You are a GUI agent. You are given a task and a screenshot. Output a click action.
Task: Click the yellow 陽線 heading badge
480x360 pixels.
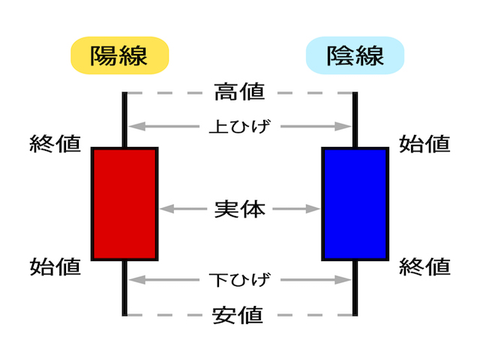(120, 55)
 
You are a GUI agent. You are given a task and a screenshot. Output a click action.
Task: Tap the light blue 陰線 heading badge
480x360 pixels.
(355, 55)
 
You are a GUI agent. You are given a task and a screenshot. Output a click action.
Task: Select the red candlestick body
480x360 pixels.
(124, 204)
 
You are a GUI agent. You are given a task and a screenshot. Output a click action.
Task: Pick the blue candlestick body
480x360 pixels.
(355, 204)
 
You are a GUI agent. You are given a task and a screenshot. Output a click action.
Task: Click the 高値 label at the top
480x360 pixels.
(239, 91)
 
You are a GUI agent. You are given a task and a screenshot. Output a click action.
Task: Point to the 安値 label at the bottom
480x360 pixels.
(238, 315)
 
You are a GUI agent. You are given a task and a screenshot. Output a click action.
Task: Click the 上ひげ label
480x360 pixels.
(240, 127)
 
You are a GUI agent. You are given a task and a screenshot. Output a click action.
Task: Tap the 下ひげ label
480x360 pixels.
(240, 280)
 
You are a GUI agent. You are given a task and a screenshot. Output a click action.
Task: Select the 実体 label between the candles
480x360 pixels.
(240, 209)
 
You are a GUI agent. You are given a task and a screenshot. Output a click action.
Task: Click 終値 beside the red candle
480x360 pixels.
(55, 143)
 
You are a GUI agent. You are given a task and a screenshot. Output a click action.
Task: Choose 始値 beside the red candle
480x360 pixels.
(55, 267)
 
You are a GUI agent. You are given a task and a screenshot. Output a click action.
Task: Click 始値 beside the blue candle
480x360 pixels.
(424, 143)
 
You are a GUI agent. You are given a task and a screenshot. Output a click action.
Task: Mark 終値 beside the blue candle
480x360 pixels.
(424, 267)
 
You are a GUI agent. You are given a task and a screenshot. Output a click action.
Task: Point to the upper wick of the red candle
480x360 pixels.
(124, 120)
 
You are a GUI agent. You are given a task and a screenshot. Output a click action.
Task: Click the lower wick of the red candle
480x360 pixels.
(124, 288)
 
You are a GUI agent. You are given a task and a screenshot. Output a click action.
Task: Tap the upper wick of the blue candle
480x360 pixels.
(355, 120)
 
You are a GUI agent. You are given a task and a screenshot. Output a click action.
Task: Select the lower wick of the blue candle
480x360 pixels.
(355, 288)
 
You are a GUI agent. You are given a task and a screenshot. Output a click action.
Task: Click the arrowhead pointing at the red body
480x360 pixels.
(167, 209)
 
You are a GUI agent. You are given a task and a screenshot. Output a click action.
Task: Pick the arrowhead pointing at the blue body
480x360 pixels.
(313, 209)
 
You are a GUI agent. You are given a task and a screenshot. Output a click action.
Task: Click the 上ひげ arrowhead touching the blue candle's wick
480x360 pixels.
(343, 127)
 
